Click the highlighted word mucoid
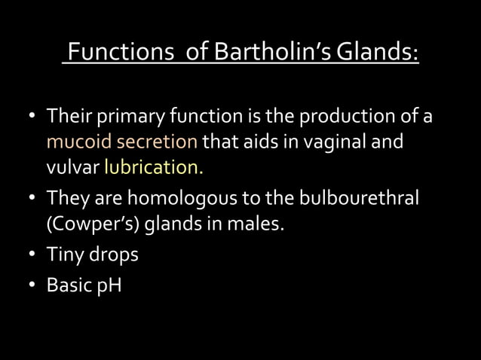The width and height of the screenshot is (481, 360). coord(75,142)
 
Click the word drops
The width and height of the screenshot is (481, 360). coord(113,255)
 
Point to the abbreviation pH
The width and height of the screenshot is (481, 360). coord(109,287)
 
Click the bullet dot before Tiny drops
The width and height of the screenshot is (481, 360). coord(32,255)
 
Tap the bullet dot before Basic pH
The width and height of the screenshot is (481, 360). coord(32,287)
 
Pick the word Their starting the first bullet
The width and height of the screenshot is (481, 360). coord(69,117)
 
